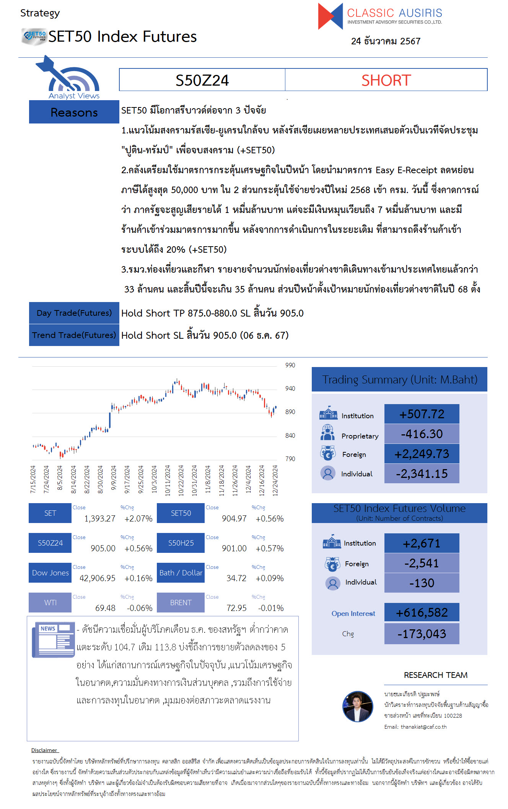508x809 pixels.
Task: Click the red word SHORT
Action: point(386,80)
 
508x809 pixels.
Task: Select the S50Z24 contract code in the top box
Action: point(202,80)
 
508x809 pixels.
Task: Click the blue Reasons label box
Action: point(74,112)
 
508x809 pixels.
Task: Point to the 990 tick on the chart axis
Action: point(290,365)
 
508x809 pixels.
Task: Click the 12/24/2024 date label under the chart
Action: point(275,480)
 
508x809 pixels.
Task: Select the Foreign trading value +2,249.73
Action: point(422,454)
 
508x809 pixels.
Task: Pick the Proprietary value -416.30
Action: point(422,434)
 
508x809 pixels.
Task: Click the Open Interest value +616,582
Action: point(422,612)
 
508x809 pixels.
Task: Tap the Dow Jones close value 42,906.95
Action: point(97,578)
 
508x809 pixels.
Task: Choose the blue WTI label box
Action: point(50,603)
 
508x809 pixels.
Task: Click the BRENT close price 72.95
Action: point(236,608)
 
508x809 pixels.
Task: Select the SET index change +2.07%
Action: point(138,519)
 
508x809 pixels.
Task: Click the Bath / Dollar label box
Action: point(181,573)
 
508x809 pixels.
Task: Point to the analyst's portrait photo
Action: point(357,706)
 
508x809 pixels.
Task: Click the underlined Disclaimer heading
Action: point(44,750)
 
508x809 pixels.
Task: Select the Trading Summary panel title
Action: point(399,380)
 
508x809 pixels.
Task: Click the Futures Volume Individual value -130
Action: point(422,583)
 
